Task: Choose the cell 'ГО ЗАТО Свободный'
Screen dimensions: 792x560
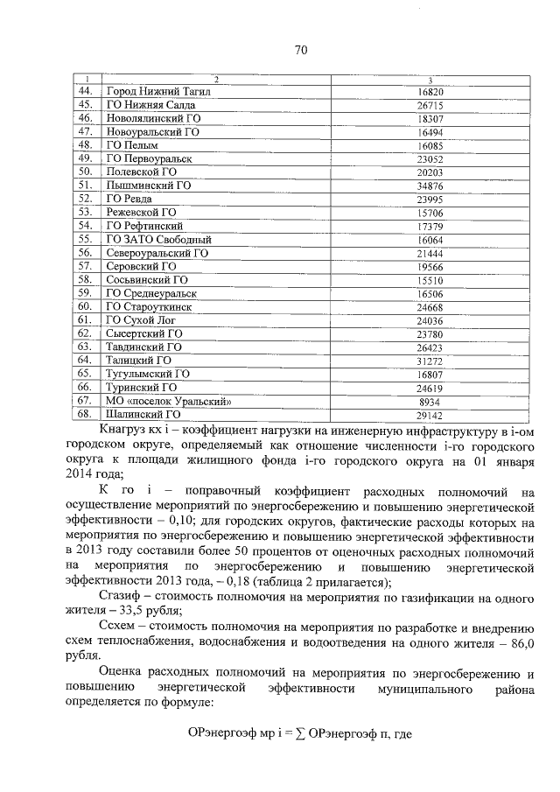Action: (158, 239)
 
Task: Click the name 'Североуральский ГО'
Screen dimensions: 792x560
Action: (157, 253)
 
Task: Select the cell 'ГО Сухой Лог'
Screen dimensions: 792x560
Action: (141, 320)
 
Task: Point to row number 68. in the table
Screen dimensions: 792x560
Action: (85, 414)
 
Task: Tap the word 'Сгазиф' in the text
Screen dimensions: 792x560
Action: (120, 597)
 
